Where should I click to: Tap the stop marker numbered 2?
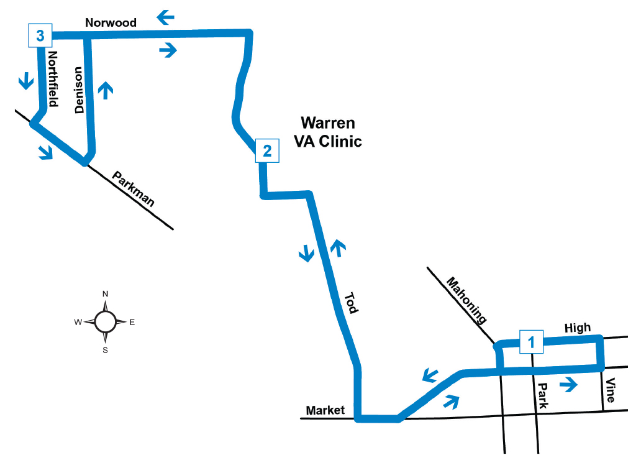(x=267, y=150)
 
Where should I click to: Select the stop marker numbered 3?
(x=40, y=36)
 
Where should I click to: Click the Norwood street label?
(x=111, y=23)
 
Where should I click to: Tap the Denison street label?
(x=79, y=90)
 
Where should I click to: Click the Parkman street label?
(x=134, y=189)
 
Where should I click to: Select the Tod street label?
(x=351, y=303)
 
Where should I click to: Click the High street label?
(x=577, y=328)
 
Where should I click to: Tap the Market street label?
(x=325, y=410)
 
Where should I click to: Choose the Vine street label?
(x=611, y=390)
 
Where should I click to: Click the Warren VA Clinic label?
(x=331, y=132)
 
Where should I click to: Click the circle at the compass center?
(x=105, y=321)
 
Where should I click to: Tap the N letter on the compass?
(x=106, y=294)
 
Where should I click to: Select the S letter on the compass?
(x=106, y=350)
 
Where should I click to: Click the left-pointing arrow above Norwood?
(x=165, y=17)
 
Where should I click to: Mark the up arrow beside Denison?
(x=106, y=90)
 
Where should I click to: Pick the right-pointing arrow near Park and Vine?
(x=568, y=385)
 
